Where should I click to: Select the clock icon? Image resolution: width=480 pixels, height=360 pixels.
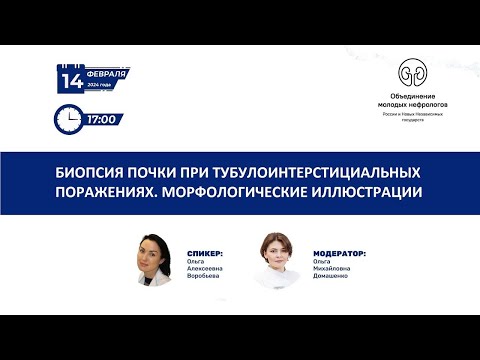[68, 119]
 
